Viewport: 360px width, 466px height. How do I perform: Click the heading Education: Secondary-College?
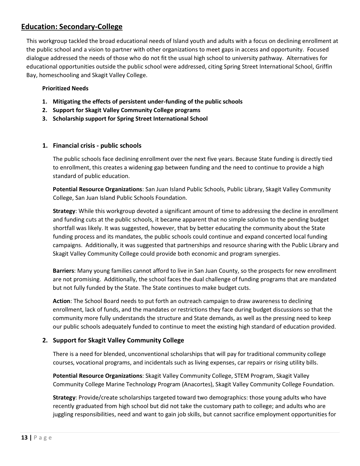coord(72,27)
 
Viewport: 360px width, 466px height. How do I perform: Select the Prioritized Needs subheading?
coord(65,88)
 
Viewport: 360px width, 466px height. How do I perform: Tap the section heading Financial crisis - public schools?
coord(97,146)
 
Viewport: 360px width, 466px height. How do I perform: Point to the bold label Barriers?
coord(63,271)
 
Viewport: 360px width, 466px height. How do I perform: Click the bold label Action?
coord(61,301)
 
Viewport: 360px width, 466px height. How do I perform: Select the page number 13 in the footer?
coord(24,437)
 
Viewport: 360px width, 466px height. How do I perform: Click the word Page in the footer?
coord(43,437)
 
